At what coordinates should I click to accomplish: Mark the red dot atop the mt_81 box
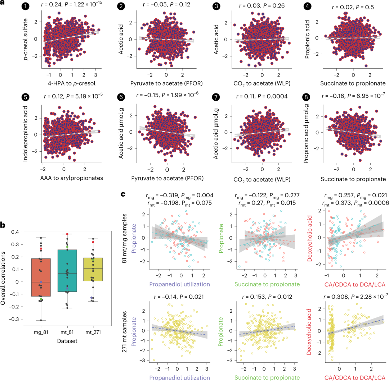[67, 234]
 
